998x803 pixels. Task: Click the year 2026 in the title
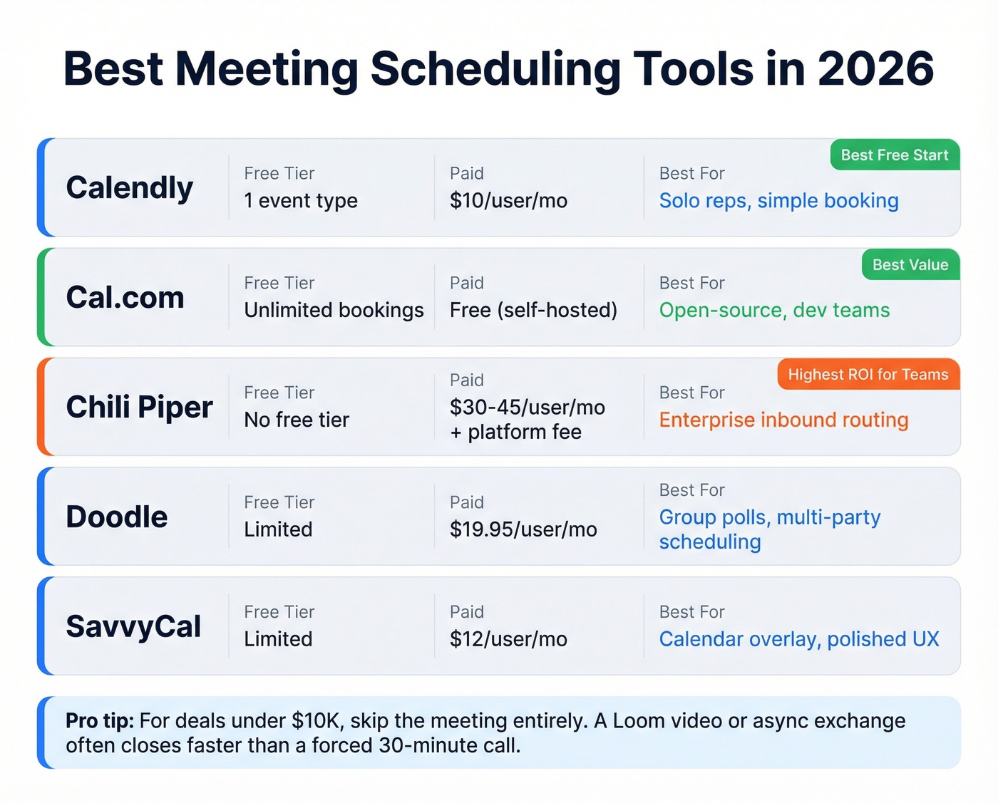pyautogui.click(x=875, y=69)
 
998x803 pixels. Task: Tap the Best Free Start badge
pyautogui.click(x=895, y=155)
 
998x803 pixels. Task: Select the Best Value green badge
pyautogui.click(x=910, y=265)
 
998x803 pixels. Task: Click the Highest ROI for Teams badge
pyautogui.click(x=868, y=375)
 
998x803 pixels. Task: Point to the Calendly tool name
pyautogui.click(x=130, y=188)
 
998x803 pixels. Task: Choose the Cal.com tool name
pyautogui.click(x=125, y=298)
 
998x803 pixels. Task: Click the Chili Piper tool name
pyautogui.click(x=140, y=408)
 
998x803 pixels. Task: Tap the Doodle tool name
pyautogui.click(x=117, y=517)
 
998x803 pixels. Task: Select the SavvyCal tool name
pyautogui.click(x=134, y=627)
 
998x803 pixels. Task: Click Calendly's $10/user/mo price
pyautogui.click(x=508, y=201)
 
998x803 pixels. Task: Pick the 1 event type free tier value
pyautogui.click(x=301, y=201)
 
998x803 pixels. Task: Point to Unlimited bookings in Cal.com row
pyautogui.click(x=334, y=311)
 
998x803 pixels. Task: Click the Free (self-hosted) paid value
pyautogui.click(x=533, y=311)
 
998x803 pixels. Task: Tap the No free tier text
pyautogui.click(x=297, y=420)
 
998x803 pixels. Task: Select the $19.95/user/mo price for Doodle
pyautogui.click(x=523, y=530)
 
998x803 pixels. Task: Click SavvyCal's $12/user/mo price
pyautogui.click(x=508, y=640)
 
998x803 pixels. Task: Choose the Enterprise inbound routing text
pyautogui.click(x=783, y=420)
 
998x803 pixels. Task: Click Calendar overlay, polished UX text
pyautogui.click(x=799, y=640)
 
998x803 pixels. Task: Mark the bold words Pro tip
pyautogui.click(x=100, y=721)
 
